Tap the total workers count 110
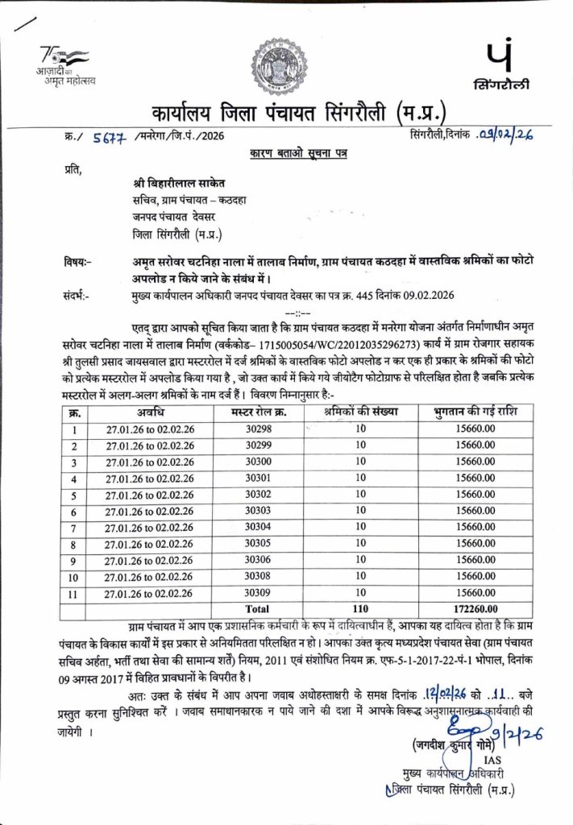(x=360, y=609)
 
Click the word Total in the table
(x=258, y=609)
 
